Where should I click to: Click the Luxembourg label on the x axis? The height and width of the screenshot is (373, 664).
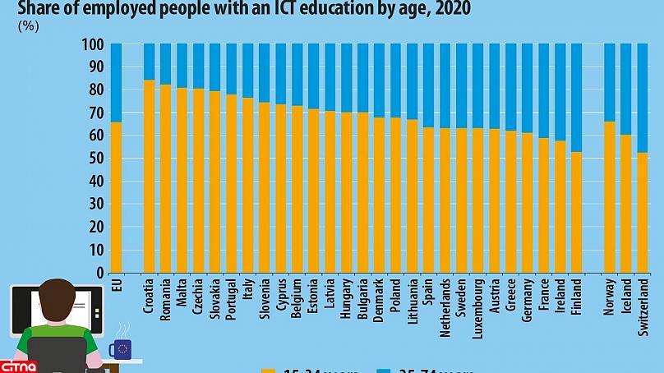(477, 308)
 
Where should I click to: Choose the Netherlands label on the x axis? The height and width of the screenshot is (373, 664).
(445, 308)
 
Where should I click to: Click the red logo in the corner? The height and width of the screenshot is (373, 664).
(15, 364)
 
